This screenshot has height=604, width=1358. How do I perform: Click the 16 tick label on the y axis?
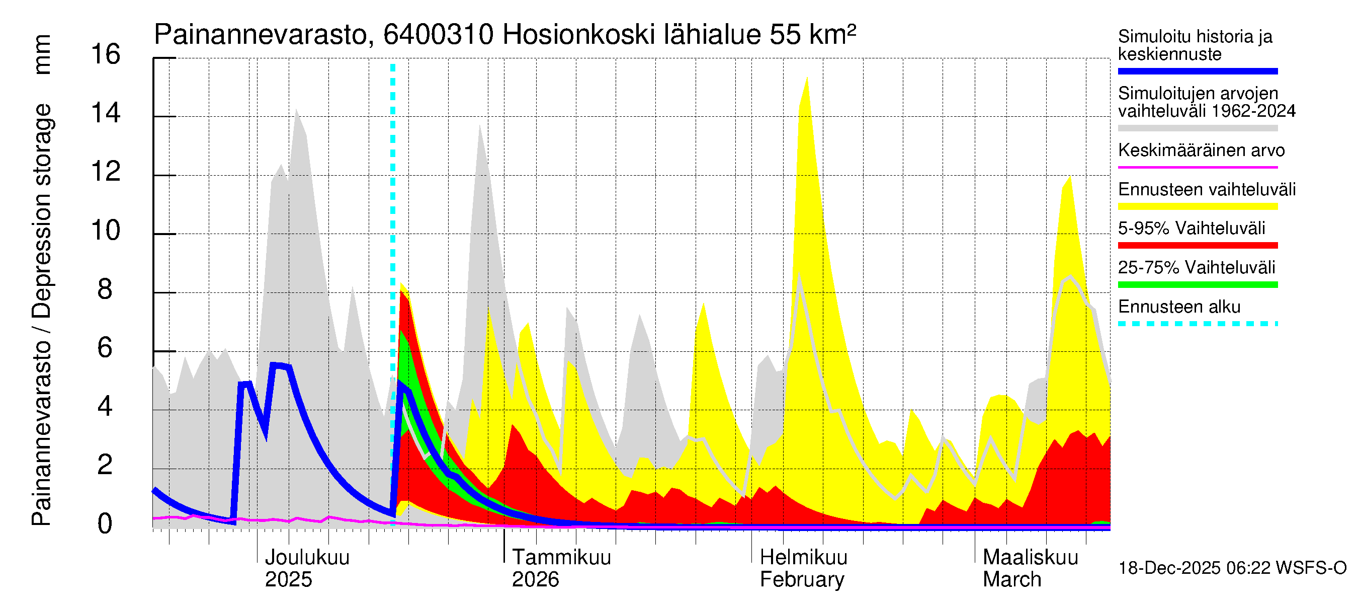(106, 54)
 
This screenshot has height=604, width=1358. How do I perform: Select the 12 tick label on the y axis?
(106, 172)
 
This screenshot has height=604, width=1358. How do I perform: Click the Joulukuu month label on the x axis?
(307, 558)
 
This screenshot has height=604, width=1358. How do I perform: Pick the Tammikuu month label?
(561, 558)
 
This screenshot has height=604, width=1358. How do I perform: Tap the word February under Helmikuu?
(802, 580)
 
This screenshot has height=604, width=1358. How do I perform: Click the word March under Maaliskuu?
(1011, 580)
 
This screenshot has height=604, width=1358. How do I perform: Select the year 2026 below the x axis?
(535, 580)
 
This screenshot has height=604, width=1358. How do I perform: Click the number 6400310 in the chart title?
(438, 35)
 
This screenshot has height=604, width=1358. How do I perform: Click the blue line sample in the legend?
(1197, 71)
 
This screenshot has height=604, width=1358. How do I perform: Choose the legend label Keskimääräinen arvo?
(1201, 150)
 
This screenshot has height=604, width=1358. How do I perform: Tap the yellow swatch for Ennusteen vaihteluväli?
(1197, 206)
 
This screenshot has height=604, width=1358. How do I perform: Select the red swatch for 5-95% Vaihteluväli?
(1197, 245)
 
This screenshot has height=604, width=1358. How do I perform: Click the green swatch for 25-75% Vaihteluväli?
(1197, 285)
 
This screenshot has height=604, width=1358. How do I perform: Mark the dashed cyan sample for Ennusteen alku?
(1197, 324)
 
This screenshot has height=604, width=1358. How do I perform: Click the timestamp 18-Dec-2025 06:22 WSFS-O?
(1232, 568)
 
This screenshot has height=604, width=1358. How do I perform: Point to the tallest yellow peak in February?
(807, 79)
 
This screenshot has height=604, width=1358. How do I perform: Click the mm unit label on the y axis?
(42, 54)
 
